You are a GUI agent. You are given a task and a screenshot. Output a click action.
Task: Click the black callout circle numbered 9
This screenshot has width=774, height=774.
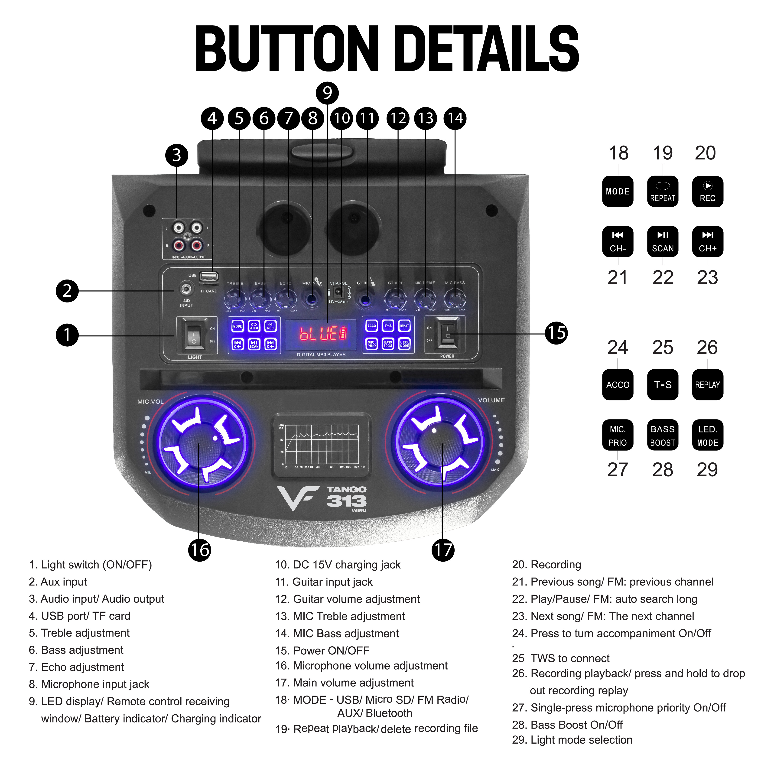coord(327,93)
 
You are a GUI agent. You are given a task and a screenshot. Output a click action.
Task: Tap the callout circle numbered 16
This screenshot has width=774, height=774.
coord(199,550)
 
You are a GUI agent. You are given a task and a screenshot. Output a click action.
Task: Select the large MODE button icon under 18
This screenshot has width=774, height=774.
coord(618,192)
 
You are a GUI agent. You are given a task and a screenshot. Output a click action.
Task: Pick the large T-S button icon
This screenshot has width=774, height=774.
coord(663,385)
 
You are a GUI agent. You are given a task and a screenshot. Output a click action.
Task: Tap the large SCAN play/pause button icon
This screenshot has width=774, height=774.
coord(663,242)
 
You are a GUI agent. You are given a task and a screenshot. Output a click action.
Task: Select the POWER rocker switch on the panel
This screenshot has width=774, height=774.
coord(448,333)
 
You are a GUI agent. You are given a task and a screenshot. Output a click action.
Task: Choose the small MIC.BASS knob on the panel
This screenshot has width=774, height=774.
coord(455,299)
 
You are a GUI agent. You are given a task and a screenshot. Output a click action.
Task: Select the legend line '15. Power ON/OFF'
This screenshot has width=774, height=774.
coord(322,650)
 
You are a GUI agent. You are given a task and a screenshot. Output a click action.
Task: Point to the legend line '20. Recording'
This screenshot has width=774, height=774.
coord(546,564)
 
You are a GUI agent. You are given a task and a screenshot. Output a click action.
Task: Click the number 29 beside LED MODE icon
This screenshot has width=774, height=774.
coord(707,469)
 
